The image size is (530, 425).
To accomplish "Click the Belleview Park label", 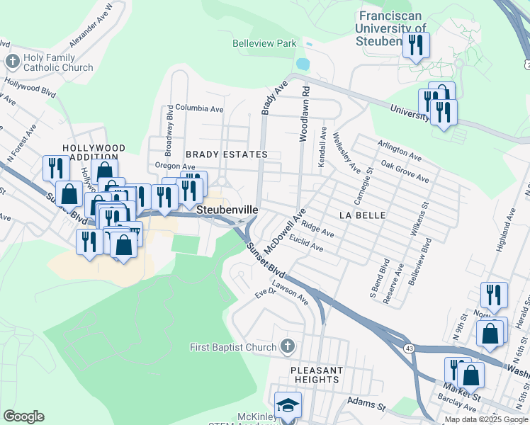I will pyautogui.click(x=264, y=43).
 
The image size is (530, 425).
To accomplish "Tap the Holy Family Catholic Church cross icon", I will pyautogui.click(x=12, y=62).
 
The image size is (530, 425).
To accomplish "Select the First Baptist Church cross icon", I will pyautogui.click(x=286, y=347).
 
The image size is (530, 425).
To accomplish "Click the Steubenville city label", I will pyautogui.click(x=227, y=210).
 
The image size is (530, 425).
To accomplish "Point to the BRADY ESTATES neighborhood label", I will pyautogui.click(x=226, y=154).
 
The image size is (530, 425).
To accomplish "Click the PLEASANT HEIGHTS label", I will pyautogui.click(x=316, y=375).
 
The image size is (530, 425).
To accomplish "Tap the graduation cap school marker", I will pyautogui.click(x=288, y=404).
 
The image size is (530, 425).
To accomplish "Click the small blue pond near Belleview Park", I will pyautogui.click(x=303, y=64).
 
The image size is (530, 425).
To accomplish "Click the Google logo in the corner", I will pyautogui.click(x=23, y=416).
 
